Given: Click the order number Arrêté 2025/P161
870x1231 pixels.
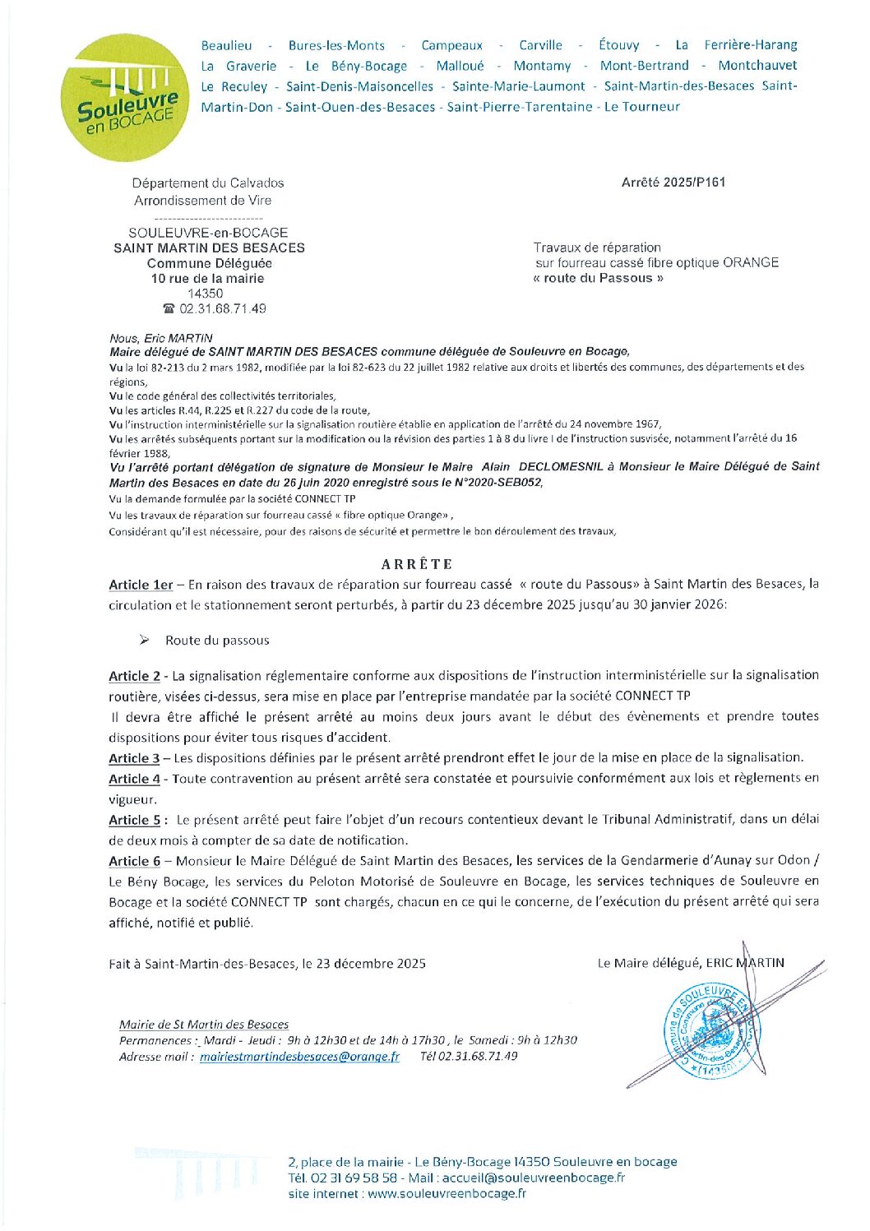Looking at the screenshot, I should (673, 183).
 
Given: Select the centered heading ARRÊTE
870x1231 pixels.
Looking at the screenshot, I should (417, 564).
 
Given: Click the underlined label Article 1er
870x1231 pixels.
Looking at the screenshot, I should (141, 585).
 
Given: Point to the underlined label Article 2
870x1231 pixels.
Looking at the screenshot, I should (134, 676).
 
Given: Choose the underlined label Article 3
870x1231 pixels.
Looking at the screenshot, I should (134, 758).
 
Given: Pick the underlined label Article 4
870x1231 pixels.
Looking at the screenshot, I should (134, 779).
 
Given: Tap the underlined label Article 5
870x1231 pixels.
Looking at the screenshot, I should (134, 820).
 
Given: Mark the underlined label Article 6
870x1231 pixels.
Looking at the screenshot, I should (134, 861).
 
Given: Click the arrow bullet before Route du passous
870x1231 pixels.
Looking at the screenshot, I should (144, 640).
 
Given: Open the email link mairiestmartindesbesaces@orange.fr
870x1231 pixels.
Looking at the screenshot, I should (299, 1057).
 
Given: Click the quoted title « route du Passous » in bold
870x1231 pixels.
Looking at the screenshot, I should (598, 278).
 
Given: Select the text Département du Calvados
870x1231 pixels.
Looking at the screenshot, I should (208, 183).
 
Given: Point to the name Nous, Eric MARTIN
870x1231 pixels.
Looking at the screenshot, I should (160, 338).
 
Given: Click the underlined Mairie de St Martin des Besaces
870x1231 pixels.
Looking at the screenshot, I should (203, 1025).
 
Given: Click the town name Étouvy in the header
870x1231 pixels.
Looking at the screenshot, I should (619, 45).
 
